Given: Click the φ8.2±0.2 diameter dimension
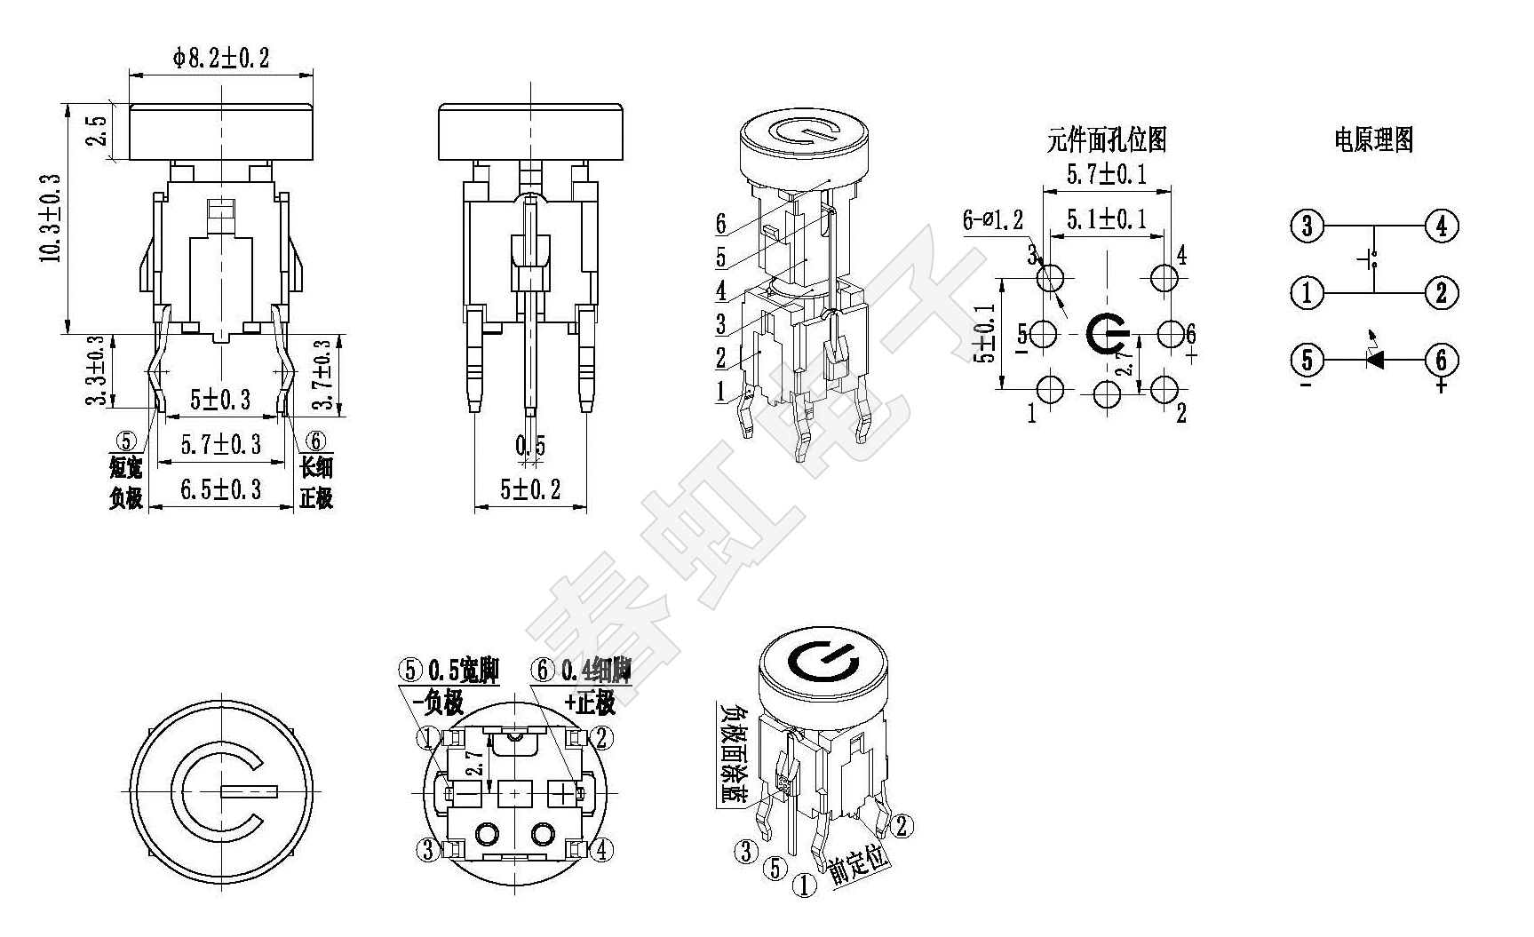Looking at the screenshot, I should [x=220, y=59].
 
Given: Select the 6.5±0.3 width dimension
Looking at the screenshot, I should [x=221, y=489].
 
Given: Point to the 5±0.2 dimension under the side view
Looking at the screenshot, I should [x=530, y=489].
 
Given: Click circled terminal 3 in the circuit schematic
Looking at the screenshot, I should [x=1307, y=226].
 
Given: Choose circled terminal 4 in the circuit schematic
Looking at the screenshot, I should [x=1441, y=226].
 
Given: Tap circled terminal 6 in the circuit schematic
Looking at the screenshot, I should [x=1441, y=360].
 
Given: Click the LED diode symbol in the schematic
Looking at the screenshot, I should [x=1375, y=359].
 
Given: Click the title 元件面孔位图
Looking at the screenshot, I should [x=1106, y=139].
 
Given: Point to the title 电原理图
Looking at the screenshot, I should [x=1373, y=139].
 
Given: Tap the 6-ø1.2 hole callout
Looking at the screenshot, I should [x=992, y=219].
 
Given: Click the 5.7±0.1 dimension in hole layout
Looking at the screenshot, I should [x=1106, y=173].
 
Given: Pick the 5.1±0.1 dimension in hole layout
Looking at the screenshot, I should [x=1106, y=218].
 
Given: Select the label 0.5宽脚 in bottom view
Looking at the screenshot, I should [x=462, y=671].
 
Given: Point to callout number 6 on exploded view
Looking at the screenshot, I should [x=721, y=224].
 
